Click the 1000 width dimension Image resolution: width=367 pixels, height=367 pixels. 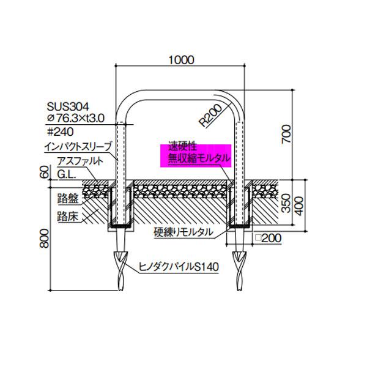(181, 59)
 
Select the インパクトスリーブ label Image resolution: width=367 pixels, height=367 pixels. (78, 147)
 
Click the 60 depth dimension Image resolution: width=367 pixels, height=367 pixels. (42, 171)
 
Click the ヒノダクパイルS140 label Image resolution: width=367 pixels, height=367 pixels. (178, 267)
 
